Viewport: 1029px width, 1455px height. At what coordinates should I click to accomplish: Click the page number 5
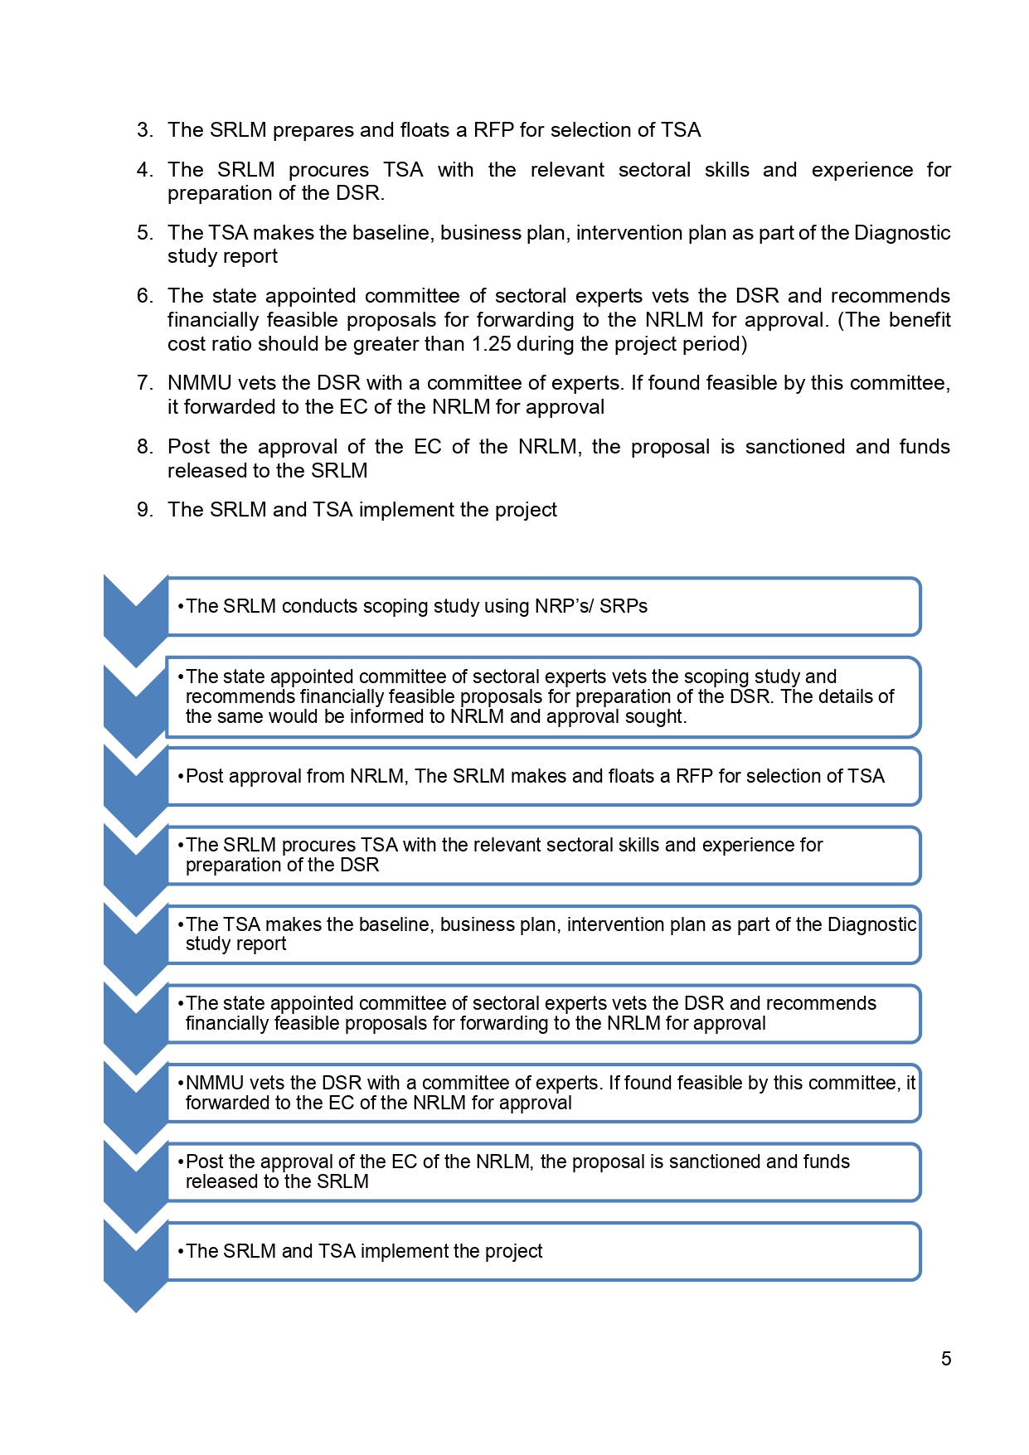pos(946,1359)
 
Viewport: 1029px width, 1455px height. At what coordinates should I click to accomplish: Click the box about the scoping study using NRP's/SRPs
pos(543,607)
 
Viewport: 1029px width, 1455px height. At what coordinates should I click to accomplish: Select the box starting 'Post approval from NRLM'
pos(543,777)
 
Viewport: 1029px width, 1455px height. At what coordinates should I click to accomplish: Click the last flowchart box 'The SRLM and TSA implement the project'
pos(543,1251)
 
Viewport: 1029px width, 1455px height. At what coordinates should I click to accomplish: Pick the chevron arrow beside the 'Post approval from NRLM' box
pos(135,788)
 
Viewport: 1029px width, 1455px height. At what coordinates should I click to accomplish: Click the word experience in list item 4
pos(862,170)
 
